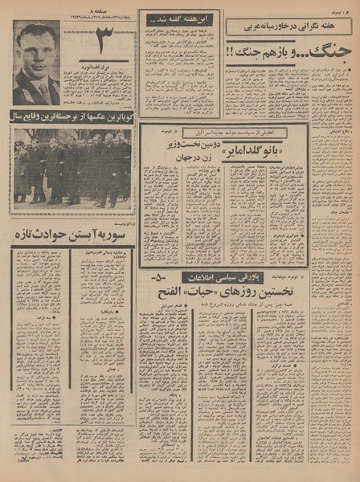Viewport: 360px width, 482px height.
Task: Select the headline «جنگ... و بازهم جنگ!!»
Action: pyautogui.click(x=286, y=51)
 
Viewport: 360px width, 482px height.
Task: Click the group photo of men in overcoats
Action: pyautogui.click(x=72, y=170)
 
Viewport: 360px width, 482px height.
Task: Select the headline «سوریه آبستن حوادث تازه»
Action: pyautogui.click(x=73, y=234)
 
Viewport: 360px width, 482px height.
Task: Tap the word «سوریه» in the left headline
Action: pyautogui.click(x=118, y=234)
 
